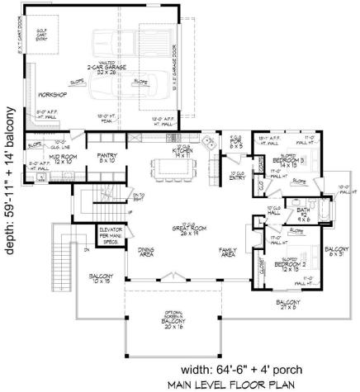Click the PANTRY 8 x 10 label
[x=105, y=158]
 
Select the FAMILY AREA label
[x=228, y=252]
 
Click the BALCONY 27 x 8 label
[x=289, y=305]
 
